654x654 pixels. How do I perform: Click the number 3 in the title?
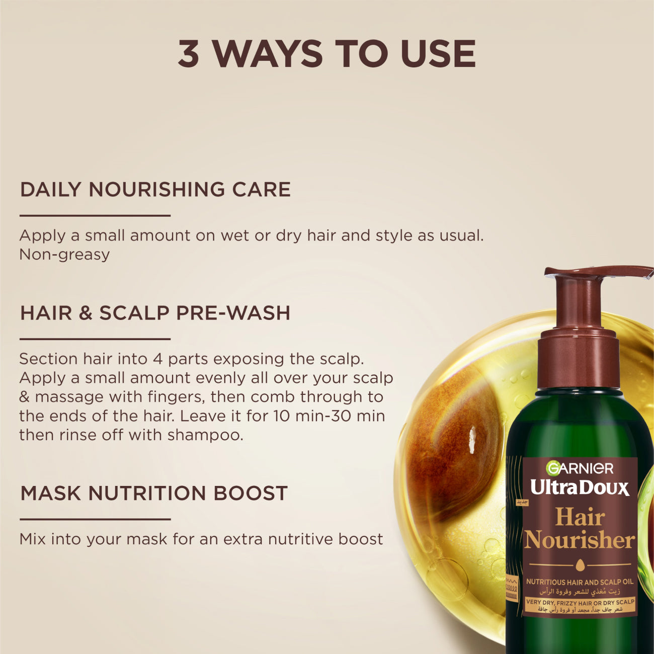189,54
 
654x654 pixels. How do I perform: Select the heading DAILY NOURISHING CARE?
155,190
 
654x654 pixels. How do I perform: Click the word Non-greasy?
64,255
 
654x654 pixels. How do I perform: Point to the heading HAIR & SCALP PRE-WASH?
155,313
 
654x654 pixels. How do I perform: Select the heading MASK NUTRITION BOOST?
154,493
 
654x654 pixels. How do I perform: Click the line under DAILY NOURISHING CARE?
95,216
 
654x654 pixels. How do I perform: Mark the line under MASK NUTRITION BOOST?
95,519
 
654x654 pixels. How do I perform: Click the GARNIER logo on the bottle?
580,469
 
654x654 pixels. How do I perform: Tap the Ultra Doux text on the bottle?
580,487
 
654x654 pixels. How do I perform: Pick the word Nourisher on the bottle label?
580,541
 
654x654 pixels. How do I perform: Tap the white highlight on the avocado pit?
472,439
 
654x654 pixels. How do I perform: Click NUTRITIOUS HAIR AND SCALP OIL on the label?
580,582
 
